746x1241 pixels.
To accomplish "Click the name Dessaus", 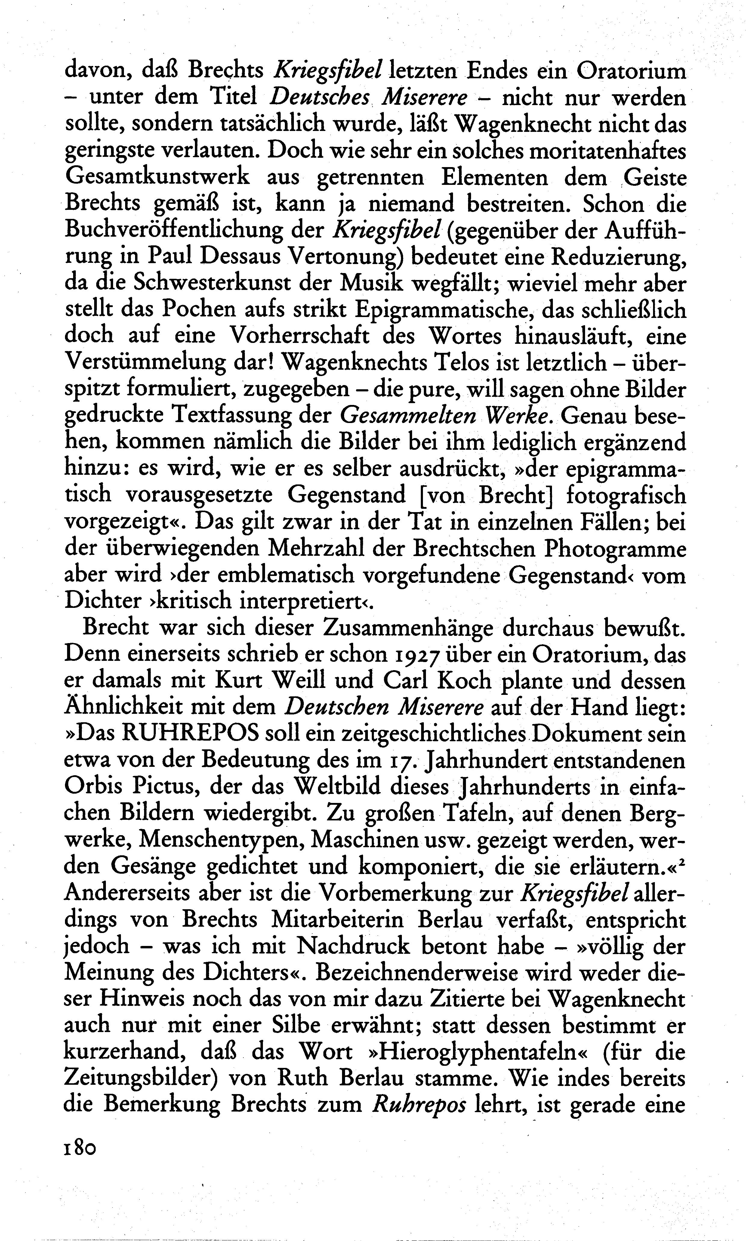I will [241, 257].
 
